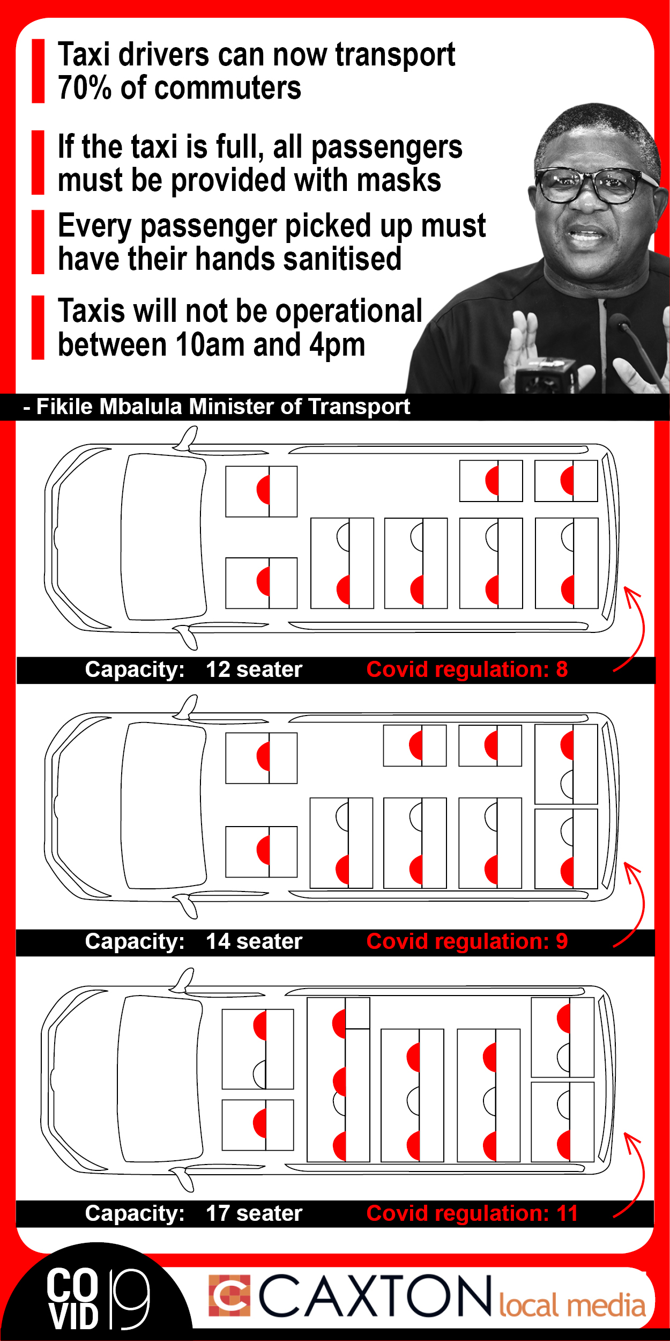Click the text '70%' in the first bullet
pyautogui.click(x=85, y=88)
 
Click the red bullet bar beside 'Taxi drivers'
pyautogui.click(x=38, y=71)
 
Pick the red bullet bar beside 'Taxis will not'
pyautogui.click(x=38, y=327)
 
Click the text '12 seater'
pyautogui.click(x=254, y=669)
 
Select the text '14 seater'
pyautogui.click(x=254, y=941)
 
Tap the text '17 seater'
pyautogui.click(x=254, y=1213)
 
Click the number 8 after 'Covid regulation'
pyautogui.click(x=562, y=669)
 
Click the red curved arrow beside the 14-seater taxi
pyautogui.click(x=642, y=907)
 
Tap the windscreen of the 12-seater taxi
pyautogui.click(x=163, y=537)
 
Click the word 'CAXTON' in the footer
pyautogui.click(x=375, y=1296)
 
